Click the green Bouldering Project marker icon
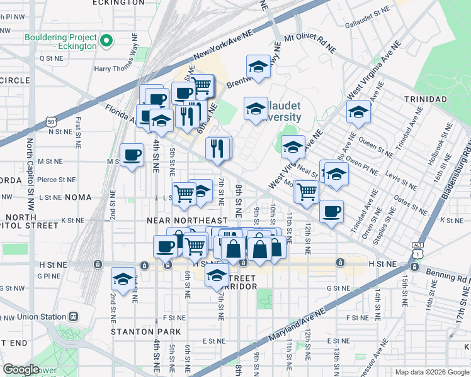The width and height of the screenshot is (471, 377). (106, 42)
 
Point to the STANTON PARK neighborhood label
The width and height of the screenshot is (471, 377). (146, 331)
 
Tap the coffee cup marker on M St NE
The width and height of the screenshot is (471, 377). (132, 155)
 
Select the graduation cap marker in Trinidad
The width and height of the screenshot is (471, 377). (358, 112)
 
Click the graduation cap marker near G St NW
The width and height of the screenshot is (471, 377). (123, 279)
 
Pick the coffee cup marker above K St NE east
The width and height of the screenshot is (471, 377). (331, 212)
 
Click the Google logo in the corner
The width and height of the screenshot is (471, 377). (21, 369)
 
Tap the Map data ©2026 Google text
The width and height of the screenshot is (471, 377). (431, 372)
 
